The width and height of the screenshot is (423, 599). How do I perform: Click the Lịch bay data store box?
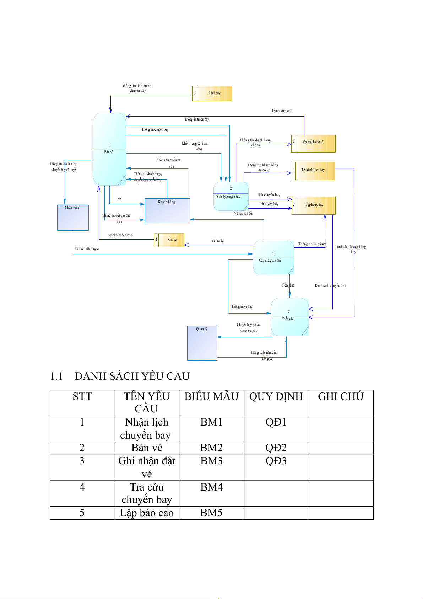212,93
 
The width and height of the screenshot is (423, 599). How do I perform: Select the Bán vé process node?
109,149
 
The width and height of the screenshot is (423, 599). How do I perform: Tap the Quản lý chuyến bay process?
231,196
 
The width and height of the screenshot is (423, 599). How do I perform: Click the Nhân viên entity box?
73,218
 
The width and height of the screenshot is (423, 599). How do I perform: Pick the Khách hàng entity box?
167,210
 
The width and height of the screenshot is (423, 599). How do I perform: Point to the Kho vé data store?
169,240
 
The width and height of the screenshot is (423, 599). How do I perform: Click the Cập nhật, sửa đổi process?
273,257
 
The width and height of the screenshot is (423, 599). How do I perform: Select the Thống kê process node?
289,317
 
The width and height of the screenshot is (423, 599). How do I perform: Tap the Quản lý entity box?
202,343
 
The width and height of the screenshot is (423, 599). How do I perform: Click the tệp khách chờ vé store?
313,143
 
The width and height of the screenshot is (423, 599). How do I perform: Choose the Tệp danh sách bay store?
313,171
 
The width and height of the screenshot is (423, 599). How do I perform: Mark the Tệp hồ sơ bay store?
314,205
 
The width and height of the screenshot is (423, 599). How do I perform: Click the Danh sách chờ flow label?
282,111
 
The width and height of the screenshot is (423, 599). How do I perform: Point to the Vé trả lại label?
218,240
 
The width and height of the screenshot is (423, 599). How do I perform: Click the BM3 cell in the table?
211,461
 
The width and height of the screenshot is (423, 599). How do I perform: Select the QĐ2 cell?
276,448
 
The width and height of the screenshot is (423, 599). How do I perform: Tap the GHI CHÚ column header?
341,397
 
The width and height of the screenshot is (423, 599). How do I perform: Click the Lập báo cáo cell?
147,513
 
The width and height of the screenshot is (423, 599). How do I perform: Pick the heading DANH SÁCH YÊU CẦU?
132,376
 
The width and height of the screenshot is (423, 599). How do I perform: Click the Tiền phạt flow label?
288,285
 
